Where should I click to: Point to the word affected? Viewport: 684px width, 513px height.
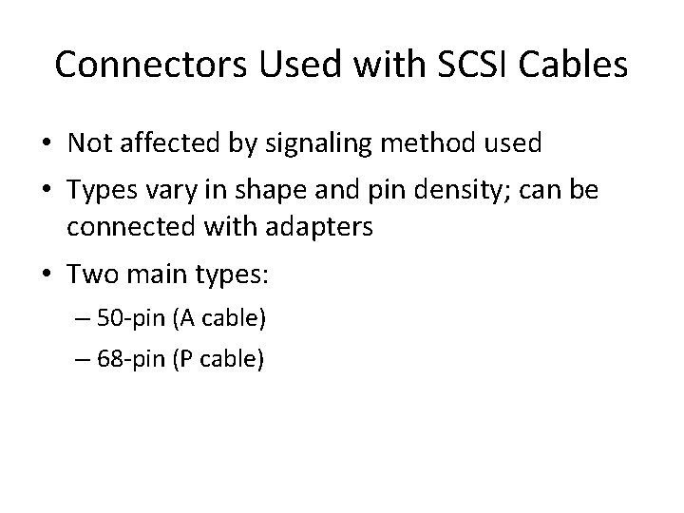tap(168, 143)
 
